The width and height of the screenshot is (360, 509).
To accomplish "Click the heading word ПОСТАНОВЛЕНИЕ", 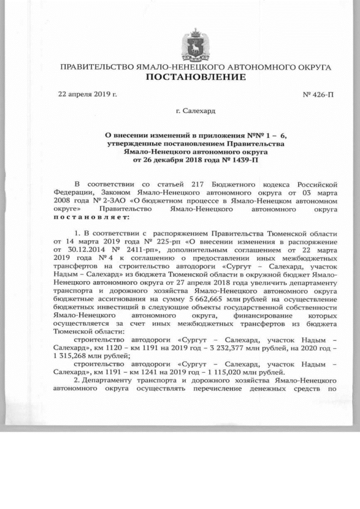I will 196,77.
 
